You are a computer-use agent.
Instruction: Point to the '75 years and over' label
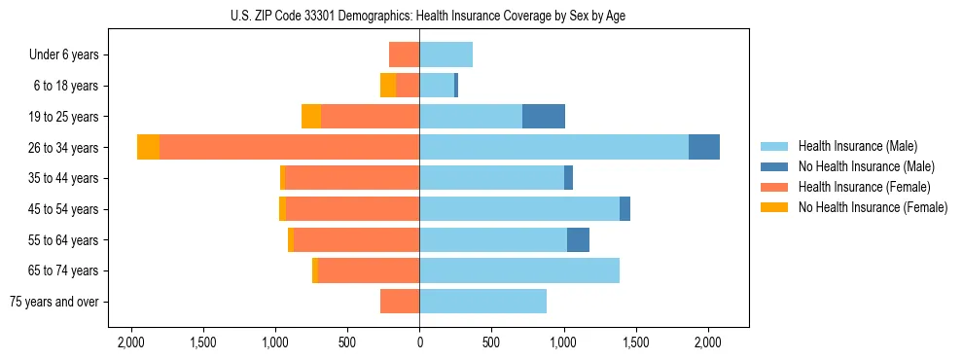(53, 302)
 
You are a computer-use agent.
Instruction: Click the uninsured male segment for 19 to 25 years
(544, 117)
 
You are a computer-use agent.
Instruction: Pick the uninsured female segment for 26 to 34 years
(148, 147)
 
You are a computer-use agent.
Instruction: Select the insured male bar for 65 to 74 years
(519, 270)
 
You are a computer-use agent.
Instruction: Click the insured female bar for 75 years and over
(400, 302)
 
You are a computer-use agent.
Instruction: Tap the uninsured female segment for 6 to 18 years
(388, 86)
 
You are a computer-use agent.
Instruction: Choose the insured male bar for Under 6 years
(446, 54)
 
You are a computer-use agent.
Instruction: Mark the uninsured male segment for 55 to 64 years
(578, 239)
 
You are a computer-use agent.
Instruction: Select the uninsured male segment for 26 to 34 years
(704, 147)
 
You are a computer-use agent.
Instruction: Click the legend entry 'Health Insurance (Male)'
(857, 146)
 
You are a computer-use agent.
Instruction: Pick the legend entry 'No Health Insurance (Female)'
(873, 207)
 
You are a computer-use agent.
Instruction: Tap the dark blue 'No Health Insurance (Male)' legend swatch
(775, 166)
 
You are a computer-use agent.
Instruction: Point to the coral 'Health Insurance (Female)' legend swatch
(775, 187)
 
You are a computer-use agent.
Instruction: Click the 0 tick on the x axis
(419, 342)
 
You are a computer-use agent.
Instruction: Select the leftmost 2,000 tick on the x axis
(131, 342)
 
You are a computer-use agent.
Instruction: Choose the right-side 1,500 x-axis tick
(635, 342)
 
